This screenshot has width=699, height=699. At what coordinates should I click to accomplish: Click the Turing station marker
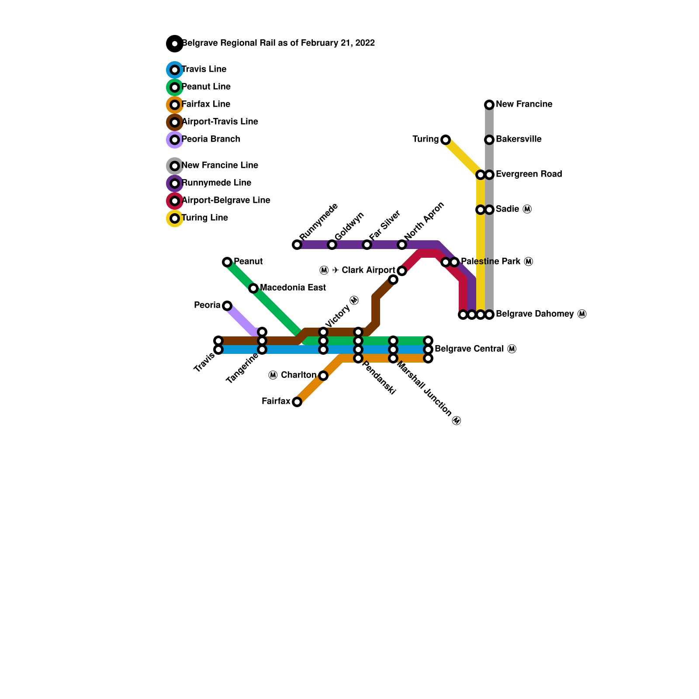click(x=445, y=140)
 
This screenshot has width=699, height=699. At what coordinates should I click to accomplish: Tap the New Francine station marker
click(x=489, y=105)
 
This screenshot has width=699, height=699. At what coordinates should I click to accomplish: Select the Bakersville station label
click(x=519, y=139)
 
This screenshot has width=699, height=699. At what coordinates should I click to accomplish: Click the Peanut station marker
click(x=227, y=262)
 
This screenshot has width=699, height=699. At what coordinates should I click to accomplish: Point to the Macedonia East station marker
click(x=253, y=288)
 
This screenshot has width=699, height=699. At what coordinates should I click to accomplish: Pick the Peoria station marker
click(x=227, y=306)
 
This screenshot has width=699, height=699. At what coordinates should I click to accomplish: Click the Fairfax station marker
click(x=297, y=402)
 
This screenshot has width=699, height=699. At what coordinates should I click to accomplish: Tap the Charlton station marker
click(x=323, y=376)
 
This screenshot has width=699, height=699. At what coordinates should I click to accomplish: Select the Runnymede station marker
click(x=297, y=245)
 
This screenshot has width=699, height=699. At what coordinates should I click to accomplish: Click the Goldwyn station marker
click(x=332, y=245)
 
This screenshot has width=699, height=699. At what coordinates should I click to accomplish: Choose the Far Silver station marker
click(x=367, y=245)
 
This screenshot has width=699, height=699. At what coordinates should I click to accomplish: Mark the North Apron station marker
click(x=402, y=245)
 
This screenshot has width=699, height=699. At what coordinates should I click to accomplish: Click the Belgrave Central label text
click(x=475, y=349)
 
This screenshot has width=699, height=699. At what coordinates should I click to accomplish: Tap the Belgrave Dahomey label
click(x=541, y=314)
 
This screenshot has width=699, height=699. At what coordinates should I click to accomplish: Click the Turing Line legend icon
click(x=175, y=218)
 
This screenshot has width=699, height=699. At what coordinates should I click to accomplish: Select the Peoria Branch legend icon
click(x=175, y=140)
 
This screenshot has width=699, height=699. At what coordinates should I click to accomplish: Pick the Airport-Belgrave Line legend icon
click(x=175, y=201)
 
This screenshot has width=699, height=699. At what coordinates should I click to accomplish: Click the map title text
click(x=278, y=43)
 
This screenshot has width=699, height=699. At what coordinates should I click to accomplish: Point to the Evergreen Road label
click(x=529, y=174)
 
